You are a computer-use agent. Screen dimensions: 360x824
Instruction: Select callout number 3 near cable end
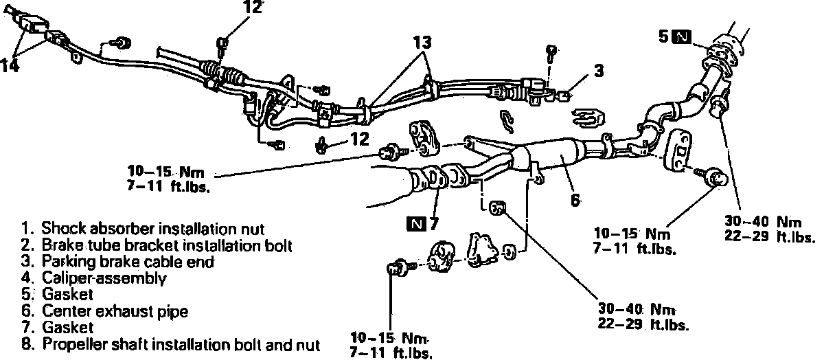tap(599, 70)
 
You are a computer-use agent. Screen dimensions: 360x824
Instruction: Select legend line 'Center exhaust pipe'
tap(114, 311)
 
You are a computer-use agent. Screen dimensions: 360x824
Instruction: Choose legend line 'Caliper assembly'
tap(104, 278)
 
